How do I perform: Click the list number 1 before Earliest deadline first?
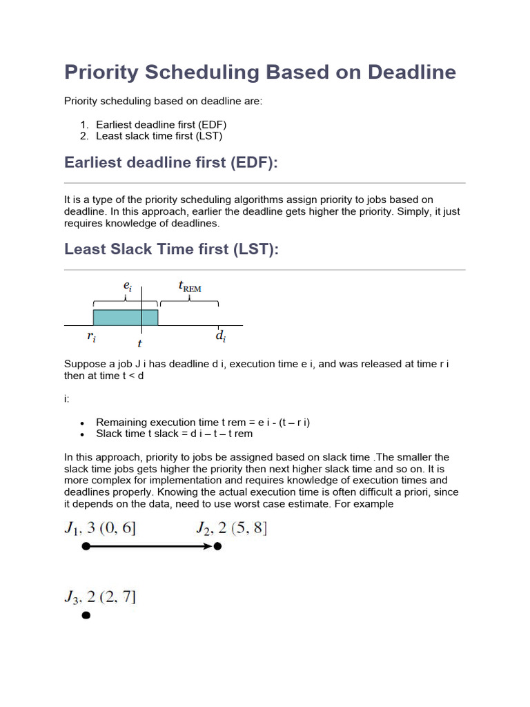pos(84,124)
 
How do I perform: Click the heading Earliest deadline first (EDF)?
pos(170,162)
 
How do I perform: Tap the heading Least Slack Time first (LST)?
pos(172,249)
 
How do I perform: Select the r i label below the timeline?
pos(90,338)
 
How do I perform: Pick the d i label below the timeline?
pos(219,337)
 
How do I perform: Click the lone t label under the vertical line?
pos(140,343)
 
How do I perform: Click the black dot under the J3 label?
pos(86,615)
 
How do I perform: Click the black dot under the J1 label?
pos(86,546)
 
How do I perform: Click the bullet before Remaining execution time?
pos(82,423)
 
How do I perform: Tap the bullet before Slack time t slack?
pos(82,434)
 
